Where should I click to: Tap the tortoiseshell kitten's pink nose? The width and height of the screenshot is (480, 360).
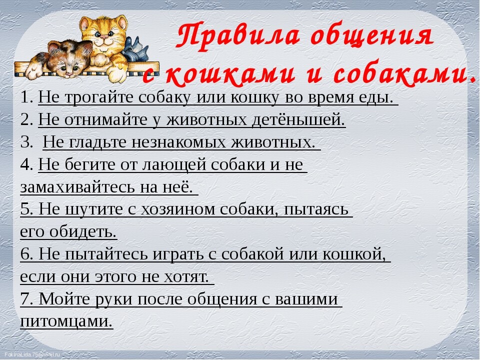(69, 73)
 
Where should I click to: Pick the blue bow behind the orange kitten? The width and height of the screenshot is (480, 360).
(134, 50)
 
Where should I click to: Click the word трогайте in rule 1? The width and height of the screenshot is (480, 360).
(99, 97)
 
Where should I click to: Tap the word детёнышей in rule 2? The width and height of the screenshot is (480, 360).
(298, 119)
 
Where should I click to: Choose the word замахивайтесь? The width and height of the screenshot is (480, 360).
(77, 186)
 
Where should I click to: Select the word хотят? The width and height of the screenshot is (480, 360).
(186, 276)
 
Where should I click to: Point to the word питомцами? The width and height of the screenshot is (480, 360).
(66, 321)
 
